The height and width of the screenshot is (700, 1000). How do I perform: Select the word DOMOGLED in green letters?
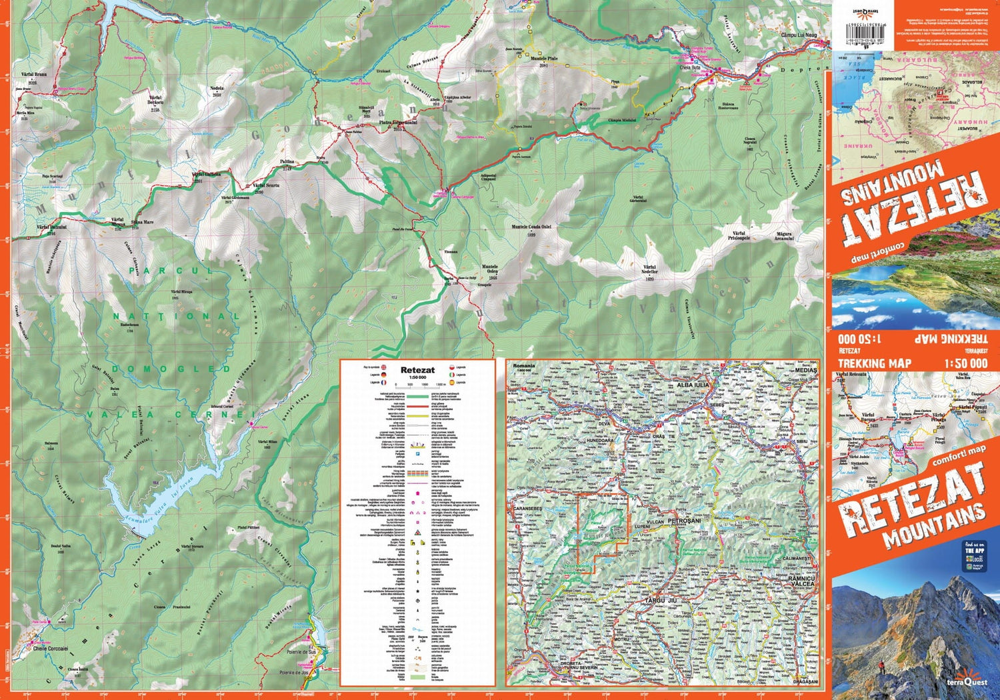tap(171, 369)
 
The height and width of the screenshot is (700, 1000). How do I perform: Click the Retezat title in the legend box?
tap(417, 369)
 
